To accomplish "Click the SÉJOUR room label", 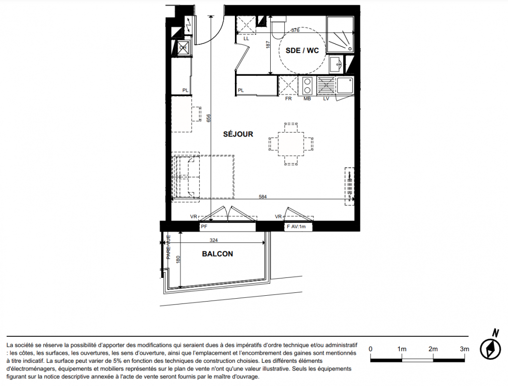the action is coord(238,134).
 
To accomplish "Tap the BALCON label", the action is coord(218,254).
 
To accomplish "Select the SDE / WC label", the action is coord(302,51).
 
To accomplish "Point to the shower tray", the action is coord(340,34).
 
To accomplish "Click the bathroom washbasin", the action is coord(336,64).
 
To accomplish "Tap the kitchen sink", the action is coord(345,86).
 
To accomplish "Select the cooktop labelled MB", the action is coord(307,86).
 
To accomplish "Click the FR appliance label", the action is coord(289,98).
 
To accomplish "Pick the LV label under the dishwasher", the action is coord(326,98).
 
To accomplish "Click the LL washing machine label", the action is coord(246,39).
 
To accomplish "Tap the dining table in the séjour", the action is coord(291,144).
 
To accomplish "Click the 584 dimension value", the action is coord(263,196).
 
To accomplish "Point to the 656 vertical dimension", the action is coord(209,118).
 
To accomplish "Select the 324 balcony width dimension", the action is coord(214,240).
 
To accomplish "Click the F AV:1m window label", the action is coord(296,227).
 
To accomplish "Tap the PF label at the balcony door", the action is coord(204,227).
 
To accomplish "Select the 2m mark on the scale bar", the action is coord(433,349).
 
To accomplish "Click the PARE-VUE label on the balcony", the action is coord(169,247).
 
